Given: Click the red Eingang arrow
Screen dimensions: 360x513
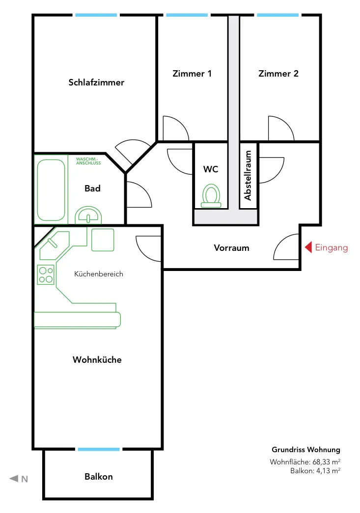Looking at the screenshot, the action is pos(308,247).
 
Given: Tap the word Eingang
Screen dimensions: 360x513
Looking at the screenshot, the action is pos(331,248).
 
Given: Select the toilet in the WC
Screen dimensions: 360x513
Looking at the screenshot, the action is pos(211,196).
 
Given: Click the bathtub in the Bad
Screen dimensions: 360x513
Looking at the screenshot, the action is pos(51,190).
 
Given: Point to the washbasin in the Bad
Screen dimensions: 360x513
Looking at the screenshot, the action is pos(88,216).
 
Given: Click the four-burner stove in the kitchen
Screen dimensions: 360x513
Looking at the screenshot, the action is pos(46,274).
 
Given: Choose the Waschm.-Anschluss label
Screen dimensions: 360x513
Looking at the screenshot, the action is pos(88,161).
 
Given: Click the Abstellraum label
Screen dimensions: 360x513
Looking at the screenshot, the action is pos(248,175).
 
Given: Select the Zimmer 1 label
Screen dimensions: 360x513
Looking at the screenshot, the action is pos(192,74).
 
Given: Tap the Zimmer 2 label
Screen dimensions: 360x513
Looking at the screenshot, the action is pos(278,74).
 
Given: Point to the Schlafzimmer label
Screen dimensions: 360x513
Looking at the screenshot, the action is pos(96,82).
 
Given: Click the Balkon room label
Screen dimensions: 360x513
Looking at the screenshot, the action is pos(99,476).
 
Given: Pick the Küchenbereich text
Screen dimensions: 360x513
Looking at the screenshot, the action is pos(99,274).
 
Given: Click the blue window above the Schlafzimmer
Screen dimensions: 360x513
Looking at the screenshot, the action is pos(96,15).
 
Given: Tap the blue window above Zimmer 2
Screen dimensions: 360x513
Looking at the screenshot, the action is pos(277,15).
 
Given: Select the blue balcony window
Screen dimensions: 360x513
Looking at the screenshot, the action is pos(99,449).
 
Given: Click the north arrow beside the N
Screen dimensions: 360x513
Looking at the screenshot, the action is pos(14,479).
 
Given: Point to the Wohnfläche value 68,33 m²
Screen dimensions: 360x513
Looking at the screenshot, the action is pos(326,462).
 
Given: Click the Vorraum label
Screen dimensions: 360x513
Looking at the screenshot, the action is pos(231,248).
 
